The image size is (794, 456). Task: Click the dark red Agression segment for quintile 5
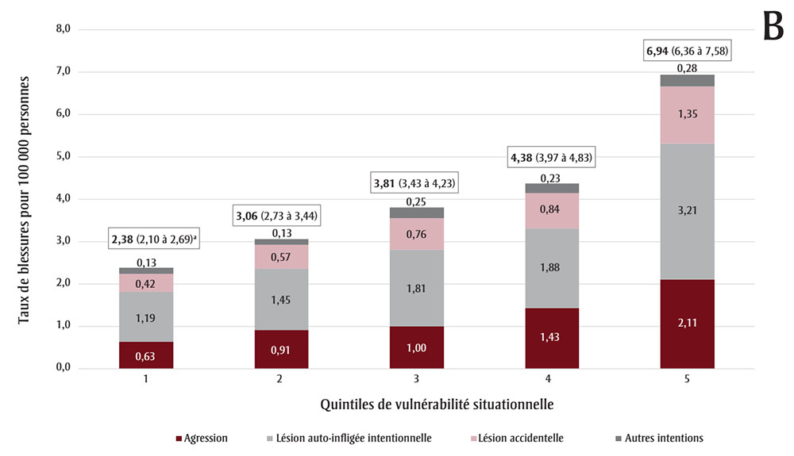pyautogui.click(x=687, y=324)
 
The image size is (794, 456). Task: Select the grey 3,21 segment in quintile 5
pyautogui.click(x=687, y=212)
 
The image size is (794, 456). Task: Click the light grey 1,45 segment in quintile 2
pyautogui.click(x=281, y=300)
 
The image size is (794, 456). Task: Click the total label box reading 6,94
pyautogui.click(x=687, y=52)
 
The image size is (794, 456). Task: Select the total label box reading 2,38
pyautogui.click(x=154, y=239)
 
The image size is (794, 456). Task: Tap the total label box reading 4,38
pyautogui.click(x=552, y=158)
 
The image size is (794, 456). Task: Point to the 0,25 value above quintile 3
pyautogui.click(x=416, y=201)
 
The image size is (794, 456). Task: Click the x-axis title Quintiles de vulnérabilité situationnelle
pyautogui.click(x=437, y=404)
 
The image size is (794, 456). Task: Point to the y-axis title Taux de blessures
pyautogui.click(x=25, y=198)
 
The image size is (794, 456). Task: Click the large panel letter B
pyautogui.click(x=772, y=28)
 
